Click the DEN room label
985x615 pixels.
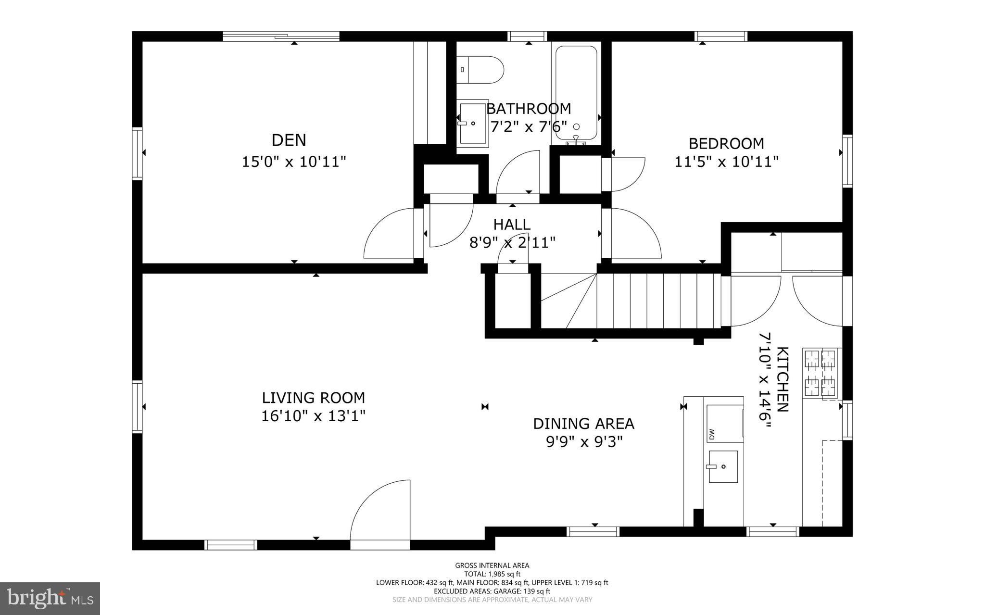289,140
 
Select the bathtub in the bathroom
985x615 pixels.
576,94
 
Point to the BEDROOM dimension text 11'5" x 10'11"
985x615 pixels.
726,162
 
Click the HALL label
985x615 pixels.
512,225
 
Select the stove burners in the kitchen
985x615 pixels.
821,373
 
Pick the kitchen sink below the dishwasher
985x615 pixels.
723,466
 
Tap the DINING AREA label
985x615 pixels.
583,424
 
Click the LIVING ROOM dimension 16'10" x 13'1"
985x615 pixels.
313,415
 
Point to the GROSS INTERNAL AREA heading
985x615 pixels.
492,565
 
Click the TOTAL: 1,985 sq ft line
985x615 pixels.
492,574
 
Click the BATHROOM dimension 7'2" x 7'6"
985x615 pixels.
529,126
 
